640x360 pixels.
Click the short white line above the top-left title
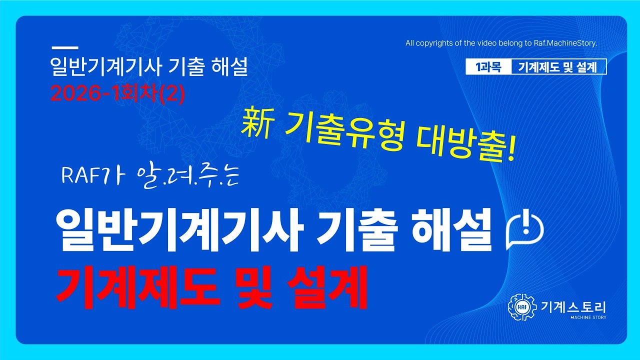pyautogui.click(x=65, y=48)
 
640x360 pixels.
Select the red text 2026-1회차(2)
pyautogui.click(x=118, y=93)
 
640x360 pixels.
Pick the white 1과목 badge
pyautogui.click(x=488, y=67)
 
